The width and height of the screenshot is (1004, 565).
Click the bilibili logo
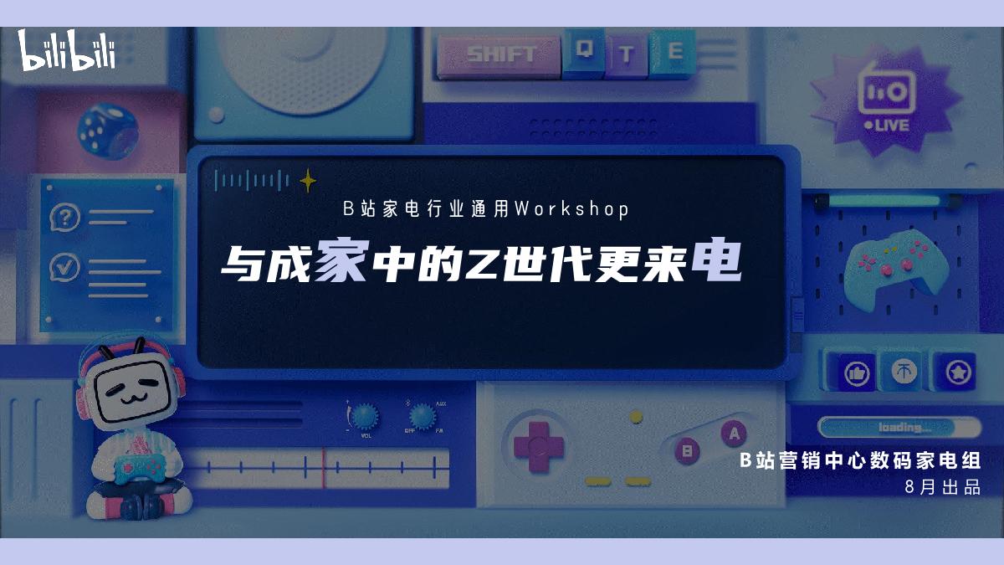(67, 51)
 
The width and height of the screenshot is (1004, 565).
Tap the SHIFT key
(500, 54)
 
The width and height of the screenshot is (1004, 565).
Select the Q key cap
(582, 51)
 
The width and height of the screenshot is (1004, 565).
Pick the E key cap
(674, 51)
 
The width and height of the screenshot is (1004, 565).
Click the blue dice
(107, 130)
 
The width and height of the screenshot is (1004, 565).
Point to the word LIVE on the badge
(891, 125)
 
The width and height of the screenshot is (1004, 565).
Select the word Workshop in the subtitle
(571, 209)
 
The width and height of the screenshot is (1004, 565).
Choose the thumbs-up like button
(854, 372)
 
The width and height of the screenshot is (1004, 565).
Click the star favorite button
(955, 371)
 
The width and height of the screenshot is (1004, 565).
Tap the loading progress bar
(899, 428)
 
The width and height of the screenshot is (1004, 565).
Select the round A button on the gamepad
(734, 433)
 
